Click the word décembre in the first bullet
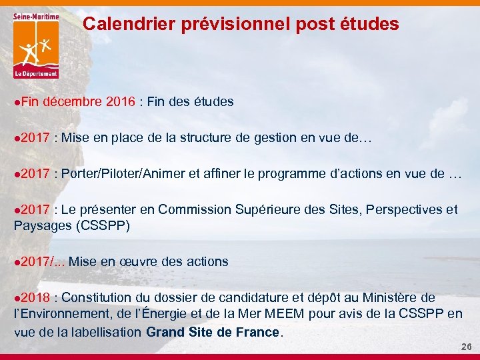pyautogui.click(x=73, y=102)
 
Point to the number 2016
pyautogui.click(x=121, y=102)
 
